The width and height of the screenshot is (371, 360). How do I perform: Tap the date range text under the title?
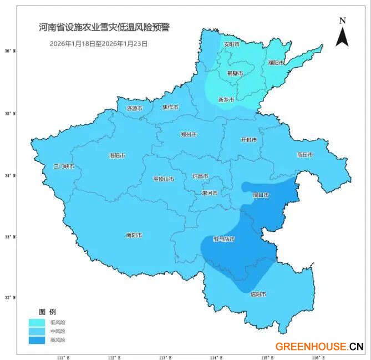coord(99,43)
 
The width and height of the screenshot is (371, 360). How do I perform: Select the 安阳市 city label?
coord(231,44)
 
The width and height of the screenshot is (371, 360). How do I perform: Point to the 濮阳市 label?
coord(276,63)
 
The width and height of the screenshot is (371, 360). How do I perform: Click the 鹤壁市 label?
coord(235,73)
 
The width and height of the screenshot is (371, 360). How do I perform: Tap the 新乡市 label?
coord(226,100)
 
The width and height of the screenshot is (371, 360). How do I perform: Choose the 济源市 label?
coord(134,108)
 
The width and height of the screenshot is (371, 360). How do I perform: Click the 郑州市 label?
coord(189,134)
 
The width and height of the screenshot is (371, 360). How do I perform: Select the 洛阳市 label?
coord(117,156)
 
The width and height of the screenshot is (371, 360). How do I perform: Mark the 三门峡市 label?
coord(64,166)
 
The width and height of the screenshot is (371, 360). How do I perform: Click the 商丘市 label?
coord(304,155)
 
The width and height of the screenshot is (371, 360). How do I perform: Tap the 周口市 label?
coord(260,195)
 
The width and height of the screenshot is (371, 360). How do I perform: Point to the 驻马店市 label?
coord(224,239)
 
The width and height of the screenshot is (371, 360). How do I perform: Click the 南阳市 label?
coord(134,235)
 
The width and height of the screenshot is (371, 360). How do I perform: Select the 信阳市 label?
coord(258,294)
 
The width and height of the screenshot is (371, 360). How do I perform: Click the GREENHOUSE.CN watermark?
coord(319,347)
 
